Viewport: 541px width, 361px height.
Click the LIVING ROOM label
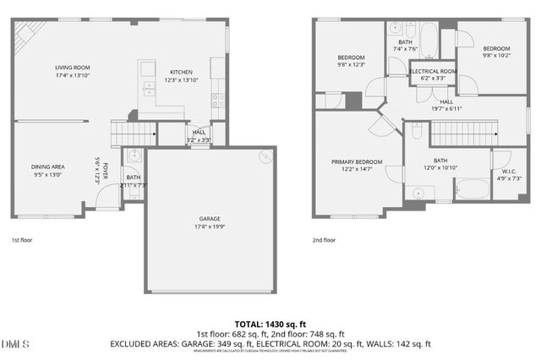pos(73,68)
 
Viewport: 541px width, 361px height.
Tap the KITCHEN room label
pos(181,73)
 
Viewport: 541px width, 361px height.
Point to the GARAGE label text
pos(210,218)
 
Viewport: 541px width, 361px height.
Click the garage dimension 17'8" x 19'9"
pos(210,226)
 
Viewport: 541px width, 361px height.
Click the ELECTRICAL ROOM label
pos(433,71)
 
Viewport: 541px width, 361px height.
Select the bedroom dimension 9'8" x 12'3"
pos(350,64)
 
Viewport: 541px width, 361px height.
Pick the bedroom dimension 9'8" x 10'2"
pos(496,56)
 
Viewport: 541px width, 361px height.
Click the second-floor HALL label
pos(445,101)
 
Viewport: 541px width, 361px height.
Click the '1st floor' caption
pos(24,240)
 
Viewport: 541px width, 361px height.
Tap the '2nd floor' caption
pos(324,240)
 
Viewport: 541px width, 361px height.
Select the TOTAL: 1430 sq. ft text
pos(270,324)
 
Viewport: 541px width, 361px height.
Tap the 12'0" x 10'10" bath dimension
pos(440,167)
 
